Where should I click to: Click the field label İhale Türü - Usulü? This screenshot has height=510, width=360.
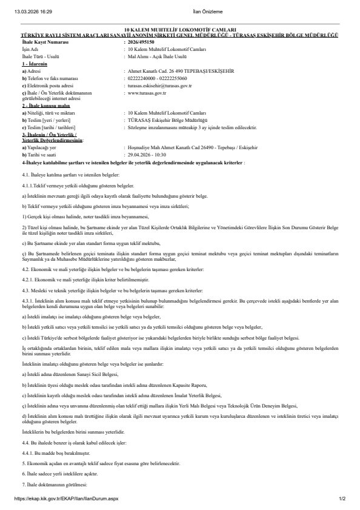(x=41, y=55)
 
